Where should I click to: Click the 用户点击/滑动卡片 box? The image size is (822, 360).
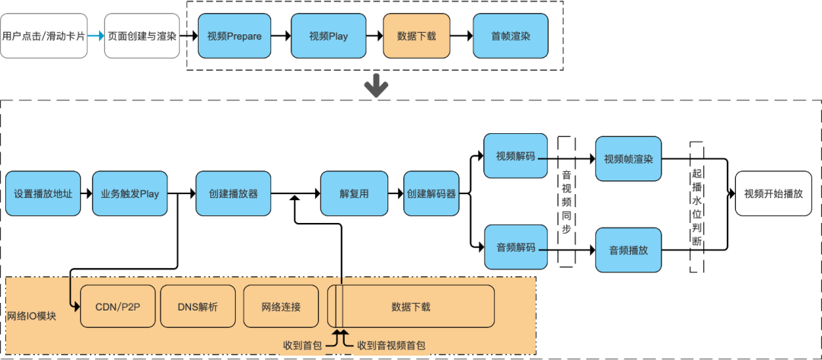[x=43, y=36]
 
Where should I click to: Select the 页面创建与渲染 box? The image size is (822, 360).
[x=142, y=36]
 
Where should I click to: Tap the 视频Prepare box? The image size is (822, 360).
[x=234, y=36]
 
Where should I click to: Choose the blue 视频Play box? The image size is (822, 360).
[x=328, y=36]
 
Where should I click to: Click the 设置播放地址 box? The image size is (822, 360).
[x=43, y=194]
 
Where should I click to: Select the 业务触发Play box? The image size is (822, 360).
[x=130, y=194]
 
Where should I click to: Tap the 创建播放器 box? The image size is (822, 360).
[x=233, y=194]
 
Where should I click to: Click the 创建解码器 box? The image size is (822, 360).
[x=432, y=194]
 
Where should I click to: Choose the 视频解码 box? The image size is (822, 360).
[x=515, y=157]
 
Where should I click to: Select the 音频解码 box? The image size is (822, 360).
[x=515, y=247]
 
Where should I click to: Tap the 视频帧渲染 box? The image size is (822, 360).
[x=628, y=160]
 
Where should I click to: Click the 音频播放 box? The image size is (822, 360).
[x=628, y=250]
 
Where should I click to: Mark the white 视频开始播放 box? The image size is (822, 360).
[x=773, y=194]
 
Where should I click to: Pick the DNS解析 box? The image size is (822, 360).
[x=197, y=307]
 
